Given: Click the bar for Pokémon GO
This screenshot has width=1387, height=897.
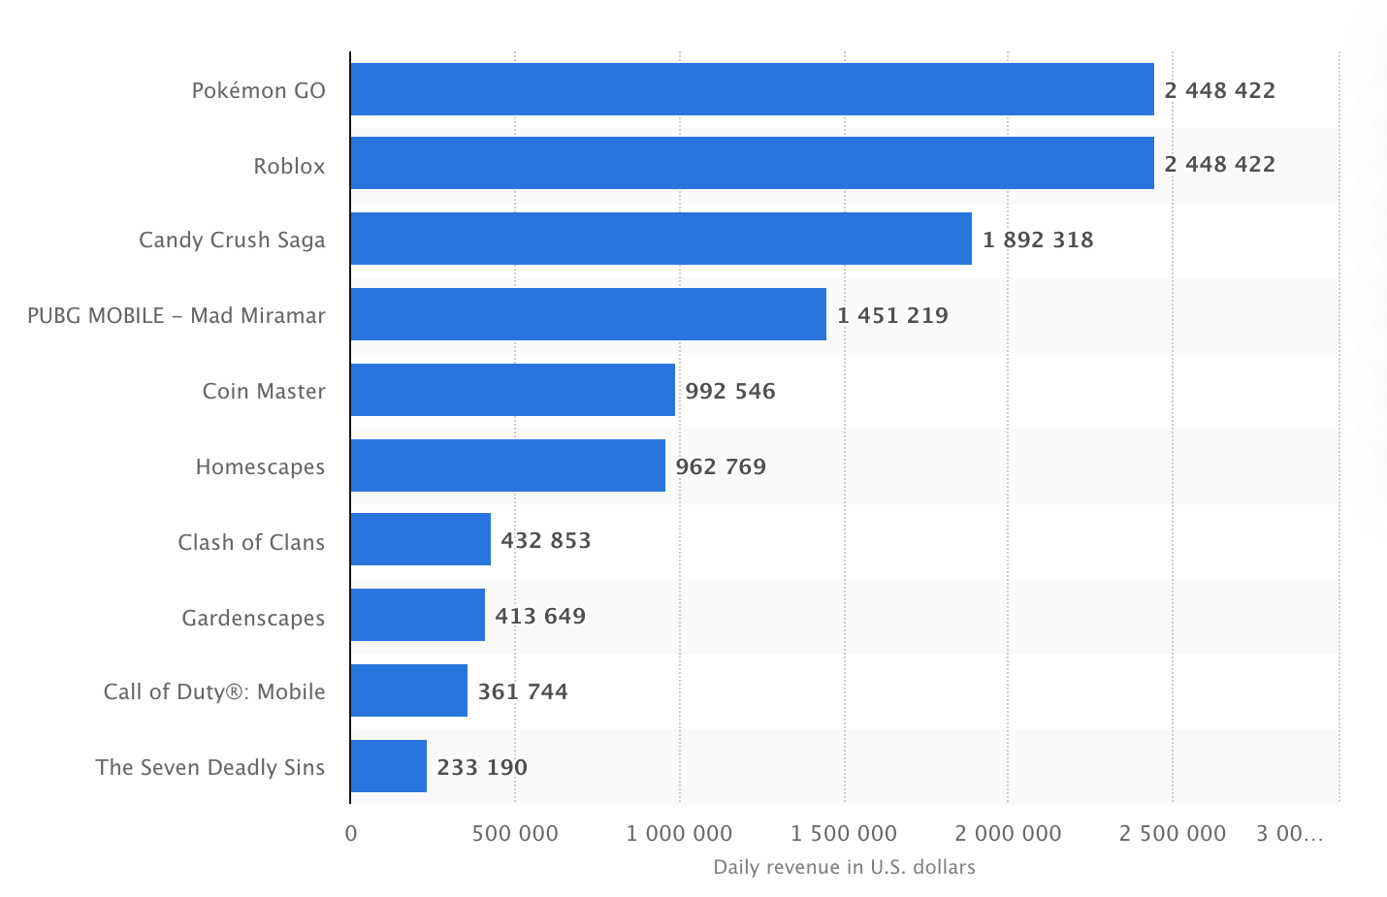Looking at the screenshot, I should [752, 89].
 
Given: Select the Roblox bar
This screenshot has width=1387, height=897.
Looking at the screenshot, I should [752, 163].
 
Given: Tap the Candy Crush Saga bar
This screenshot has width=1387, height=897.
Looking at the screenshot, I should [661, 239].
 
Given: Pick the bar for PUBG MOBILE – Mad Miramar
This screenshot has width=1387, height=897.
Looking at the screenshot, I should [588, 314].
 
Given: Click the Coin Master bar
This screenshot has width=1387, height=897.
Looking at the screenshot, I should [512, 390].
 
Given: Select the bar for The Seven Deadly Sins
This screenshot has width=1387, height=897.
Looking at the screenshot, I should [388, 766].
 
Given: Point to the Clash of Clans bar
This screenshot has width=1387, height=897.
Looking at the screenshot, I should [420, 539].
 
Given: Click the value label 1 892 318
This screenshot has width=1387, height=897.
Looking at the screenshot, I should [1037, 240].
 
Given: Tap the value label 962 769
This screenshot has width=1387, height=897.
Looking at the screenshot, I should [721, 466].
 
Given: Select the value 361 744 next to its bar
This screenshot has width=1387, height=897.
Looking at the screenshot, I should [523, 691].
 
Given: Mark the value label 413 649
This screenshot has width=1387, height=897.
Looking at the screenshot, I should [540, 616].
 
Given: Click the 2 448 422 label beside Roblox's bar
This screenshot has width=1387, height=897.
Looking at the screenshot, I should [1219, 164].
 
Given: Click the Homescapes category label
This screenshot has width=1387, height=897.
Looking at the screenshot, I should [260, 466].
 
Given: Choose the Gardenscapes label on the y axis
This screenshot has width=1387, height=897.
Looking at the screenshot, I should [253, 618].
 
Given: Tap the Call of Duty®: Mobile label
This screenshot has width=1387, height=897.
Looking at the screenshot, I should [214, 691].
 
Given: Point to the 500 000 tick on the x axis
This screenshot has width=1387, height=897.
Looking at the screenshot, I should [515, 833].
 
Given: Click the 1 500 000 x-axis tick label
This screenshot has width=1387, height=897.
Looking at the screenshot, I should [844, 833].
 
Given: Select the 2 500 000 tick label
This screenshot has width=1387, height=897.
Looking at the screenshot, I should [1172, 833].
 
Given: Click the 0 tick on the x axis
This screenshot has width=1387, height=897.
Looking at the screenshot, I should [351, 833].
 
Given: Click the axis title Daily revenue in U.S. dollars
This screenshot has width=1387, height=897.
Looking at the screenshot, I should [844, 867].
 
